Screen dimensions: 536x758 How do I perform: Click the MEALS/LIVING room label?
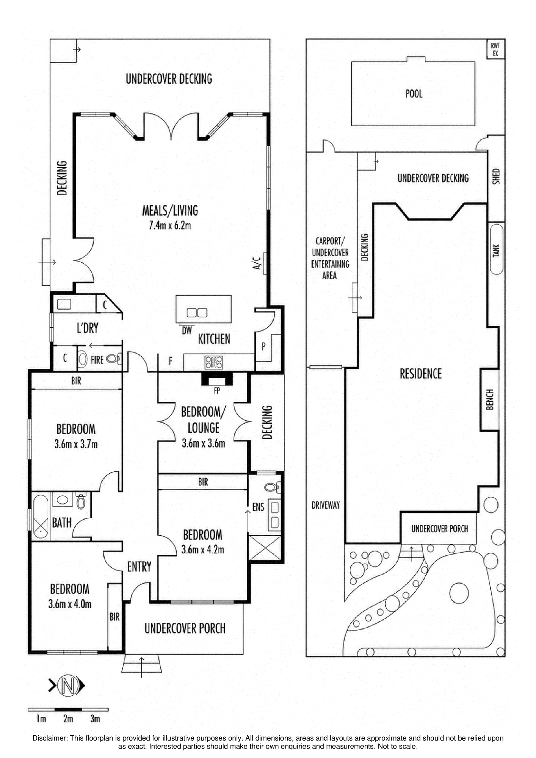(170, 210)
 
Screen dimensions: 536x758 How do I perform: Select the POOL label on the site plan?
(414, 94)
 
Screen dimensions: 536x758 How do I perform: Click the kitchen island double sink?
(197, 313)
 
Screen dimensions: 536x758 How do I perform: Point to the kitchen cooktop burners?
(214, 362)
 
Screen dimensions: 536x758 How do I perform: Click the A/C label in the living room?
(257, 263)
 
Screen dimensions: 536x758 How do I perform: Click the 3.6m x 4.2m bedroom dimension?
(203, 550)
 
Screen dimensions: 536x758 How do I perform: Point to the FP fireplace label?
(217, 391)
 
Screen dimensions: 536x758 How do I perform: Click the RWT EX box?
(495, 49)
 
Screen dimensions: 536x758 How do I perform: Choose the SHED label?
(497, 177)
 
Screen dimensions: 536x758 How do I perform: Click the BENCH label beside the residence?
(490, 399)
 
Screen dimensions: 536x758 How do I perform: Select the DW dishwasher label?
(187, 330)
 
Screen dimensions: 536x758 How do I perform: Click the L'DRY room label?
(88, 328)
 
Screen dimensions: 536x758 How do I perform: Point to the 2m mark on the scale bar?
(68, 719)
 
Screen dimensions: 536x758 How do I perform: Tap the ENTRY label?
(139, 567)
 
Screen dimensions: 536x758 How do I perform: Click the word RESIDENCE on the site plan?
(421, 374)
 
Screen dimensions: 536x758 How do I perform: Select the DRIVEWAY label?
(326, 505)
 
